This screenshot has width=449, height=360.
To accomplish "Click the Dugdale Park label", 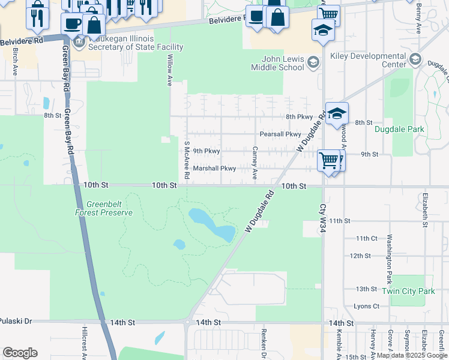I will click(399, 129).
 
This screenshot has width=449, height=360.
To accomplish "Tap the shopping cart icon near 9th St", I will click(329, 160).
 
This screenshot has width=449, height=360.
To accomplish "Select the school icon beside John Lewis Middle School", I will click(313, 62).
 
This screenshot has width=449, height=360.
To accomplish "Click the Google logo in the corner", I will click(20, 353).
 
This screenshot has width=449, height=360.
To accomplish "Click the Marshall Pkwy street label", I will click(214, 169).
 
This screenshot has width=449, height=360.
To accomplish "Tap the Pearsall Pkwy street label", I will click(280, 134).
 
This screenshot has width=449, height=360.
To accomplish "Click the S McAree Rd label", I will click(187, 161).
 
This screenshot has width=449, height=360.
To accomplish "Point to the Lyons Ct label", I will click(367, 306).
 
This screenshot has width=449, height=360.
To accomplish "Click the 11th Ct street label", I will click(366, 238).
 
